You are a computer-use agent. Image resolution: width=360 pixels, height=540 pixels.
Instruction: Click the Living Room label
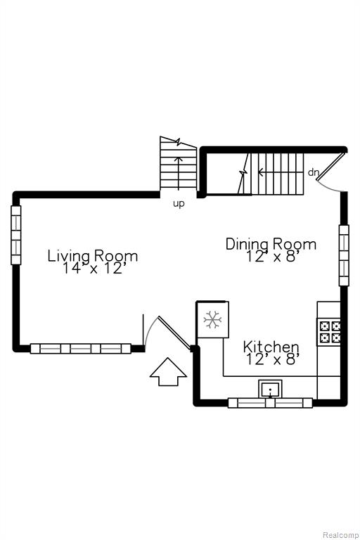[x=93, y=256]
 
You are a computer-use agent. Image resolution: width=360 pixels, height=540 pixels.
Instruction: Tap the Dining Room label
[x=271, y=244]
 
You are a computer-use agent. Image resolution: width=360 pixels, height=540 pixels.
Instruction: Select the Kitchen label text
[x=271, y=347]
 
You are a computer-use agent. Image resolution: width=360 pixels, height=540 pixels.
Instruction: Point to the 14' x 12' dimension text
[x=92, y=269]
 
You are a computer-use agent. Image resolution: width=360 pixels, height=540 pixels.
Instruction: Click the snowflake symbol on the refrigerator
[x=212, y=320]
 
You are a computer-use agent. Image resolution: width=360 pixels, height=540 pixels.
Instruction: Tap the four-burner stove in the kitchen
[x=330, y=331]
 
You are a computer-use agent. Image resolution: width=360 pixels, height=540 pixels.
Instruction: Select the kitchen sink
[x=271, y=389]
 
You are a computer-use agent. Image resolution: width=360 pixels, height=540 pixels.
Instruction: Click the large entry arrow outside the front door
[x=169, y=372]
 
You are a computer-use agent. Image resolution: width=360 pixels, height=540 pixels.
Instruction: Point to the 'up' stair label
[x=179, y=204]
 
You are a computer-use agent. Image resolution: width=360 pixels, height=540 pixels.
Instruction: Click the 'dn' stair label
[x=313, y=172]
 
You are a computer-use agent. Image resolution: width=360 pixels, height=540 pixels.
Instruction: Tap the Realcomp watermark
[x=340, y=535]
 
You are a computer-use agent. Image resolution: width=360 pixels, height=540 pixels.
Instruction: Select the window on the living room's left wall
[x=16, y=235]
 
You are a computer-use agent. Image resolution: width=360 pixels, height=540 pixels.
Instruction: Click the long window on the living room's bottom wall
[x=81, y=349]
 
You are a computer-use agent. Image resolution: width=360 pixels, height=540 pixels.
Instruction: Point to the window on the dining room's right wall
[x=344, y=255]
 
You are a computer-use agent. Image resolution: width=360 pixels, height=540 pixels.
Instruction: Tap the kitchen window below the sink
[x=271, y=403]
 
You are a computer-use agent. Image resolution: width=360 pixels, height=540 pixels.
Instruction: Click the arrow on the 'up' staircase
[x=179, y=173]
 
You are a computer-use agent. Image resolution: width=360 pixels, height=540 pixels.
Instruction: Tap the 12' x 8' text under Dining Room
[x=271, y=256]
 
